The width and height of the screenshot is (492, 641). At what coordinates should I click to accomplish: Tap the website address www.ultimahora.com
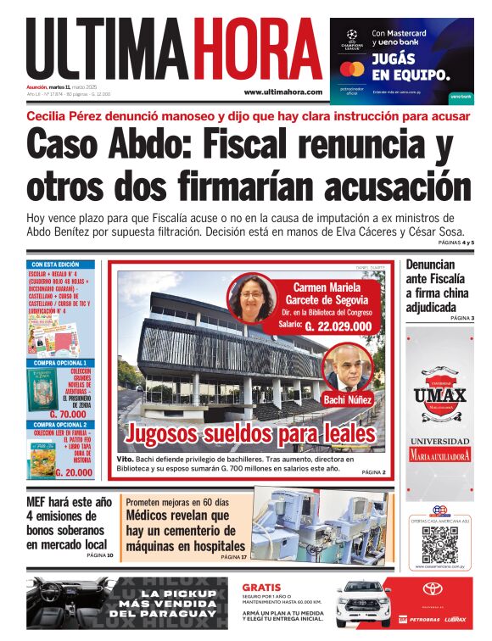click(282, 92)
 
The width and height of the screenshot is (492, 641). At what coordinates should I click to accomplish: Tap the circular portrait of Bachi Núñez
click(348, 366)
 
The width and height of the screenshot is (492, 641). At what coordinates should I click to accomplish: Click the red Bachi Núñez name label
click(349, 399)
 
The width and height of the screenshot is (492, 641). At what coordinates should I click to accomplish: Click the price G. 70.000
click(72, 415)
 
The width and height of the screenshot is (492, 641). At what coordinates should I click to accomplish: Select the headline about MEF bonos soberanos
click(68, 522)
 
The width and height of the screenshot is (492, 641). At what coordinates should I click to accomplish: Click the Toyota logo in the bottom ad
click(433, 588)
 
